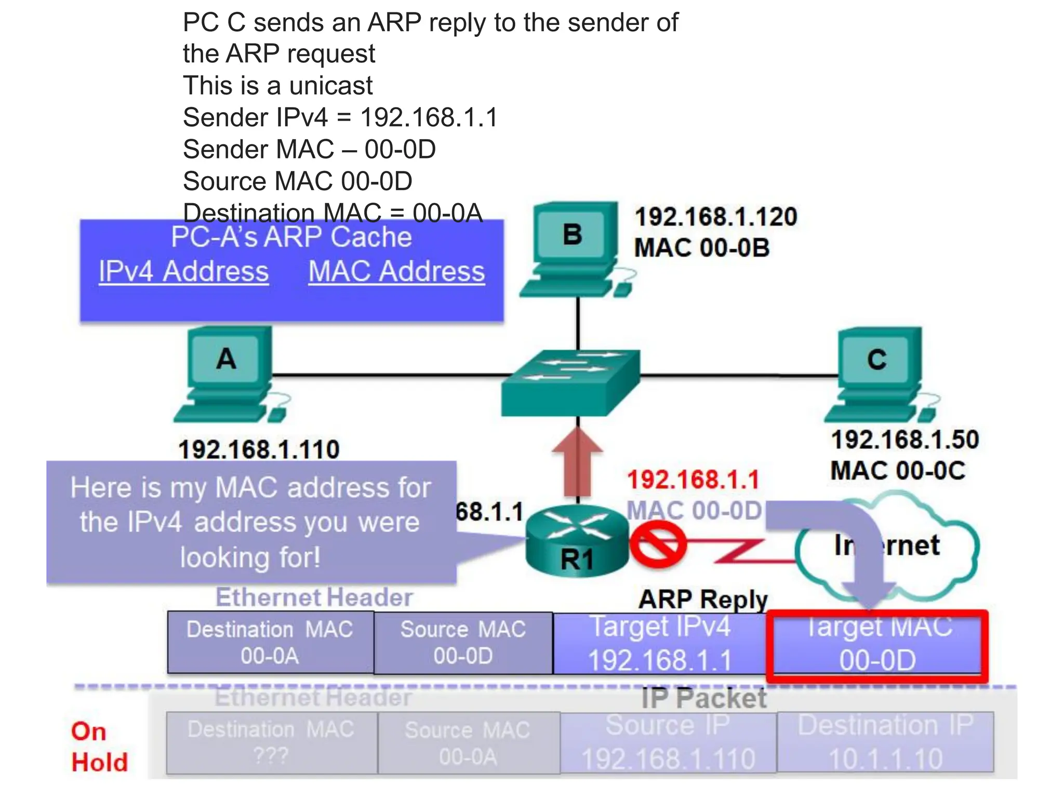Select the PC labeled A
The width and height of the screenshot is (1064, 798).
point(229,371)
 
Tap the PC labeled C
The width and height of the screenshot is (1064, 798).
point(878,371)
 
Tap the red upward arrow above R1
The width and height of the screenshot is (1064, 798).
point(577,462)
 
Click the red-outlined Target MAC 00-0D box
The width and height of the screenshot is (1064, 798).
point(877,645)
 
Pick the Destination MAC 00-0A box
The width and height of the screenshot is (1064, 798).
point(270,643)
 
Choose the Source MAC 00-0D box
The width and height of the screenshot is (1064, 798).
point(463,643)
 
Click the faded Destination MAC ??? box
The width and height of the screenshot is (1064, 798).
point(271,743)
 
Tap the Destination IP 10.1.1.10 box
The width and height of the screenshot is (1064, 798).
point(885,743)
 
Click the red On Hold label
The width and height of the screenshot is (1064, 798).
point(99,747)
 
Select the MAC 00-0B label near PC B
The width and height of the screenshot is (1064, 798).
point(701,248)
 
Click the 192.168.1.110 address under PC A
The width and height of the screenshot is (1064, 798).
point(259,449)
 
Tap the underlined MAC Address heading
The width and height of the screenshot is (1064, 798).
point(396,272)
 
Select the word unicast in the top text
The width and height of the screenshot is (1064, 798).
point(331,86)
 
